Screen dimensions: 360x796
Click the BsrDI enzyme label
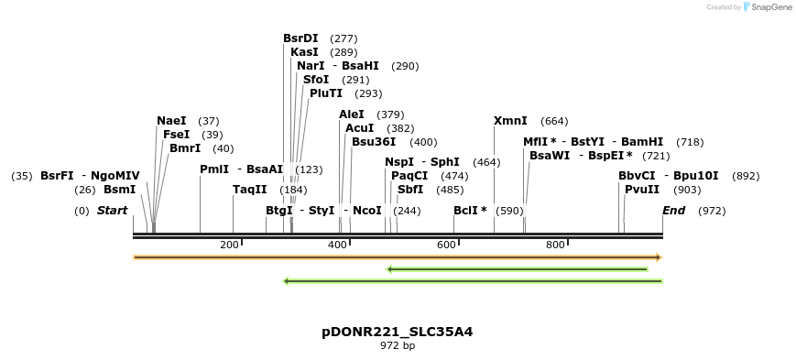click(300, 38)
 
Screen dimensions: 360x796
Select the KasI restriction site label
click(304, 52)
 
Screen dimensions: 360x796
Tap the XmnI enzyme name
click(510, 121)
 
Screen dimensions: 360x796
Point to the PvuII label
click(642, 190)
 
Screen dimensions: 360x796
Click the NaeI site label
click(171, 121)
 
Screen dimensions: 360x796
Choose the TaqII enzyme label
click(250, 190)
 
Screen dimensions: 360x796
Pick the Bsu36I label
click(374, 142)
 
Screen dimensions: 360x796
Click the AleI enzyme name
click(352, 115)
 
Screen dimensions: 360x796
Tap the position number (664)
click(554, 121)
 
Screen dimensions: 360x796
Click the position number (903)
click(687, 190)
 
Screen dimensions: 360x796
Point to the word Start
click(112, 211)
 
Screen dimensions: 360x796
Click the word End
click(674, 211)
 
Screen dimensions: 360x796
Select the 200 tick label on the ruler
click(229, 245)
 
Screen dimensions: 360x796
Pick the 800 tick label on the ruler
click(555, 245)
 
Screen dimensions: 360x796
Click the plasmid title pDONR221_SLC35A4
click(398, 332)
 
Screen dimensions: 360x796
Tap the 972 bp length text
click(398, 346)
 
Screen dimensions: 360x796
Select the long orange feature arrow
click(397, 257)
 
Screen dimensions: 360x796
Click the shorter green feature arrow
click(518, 269)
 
